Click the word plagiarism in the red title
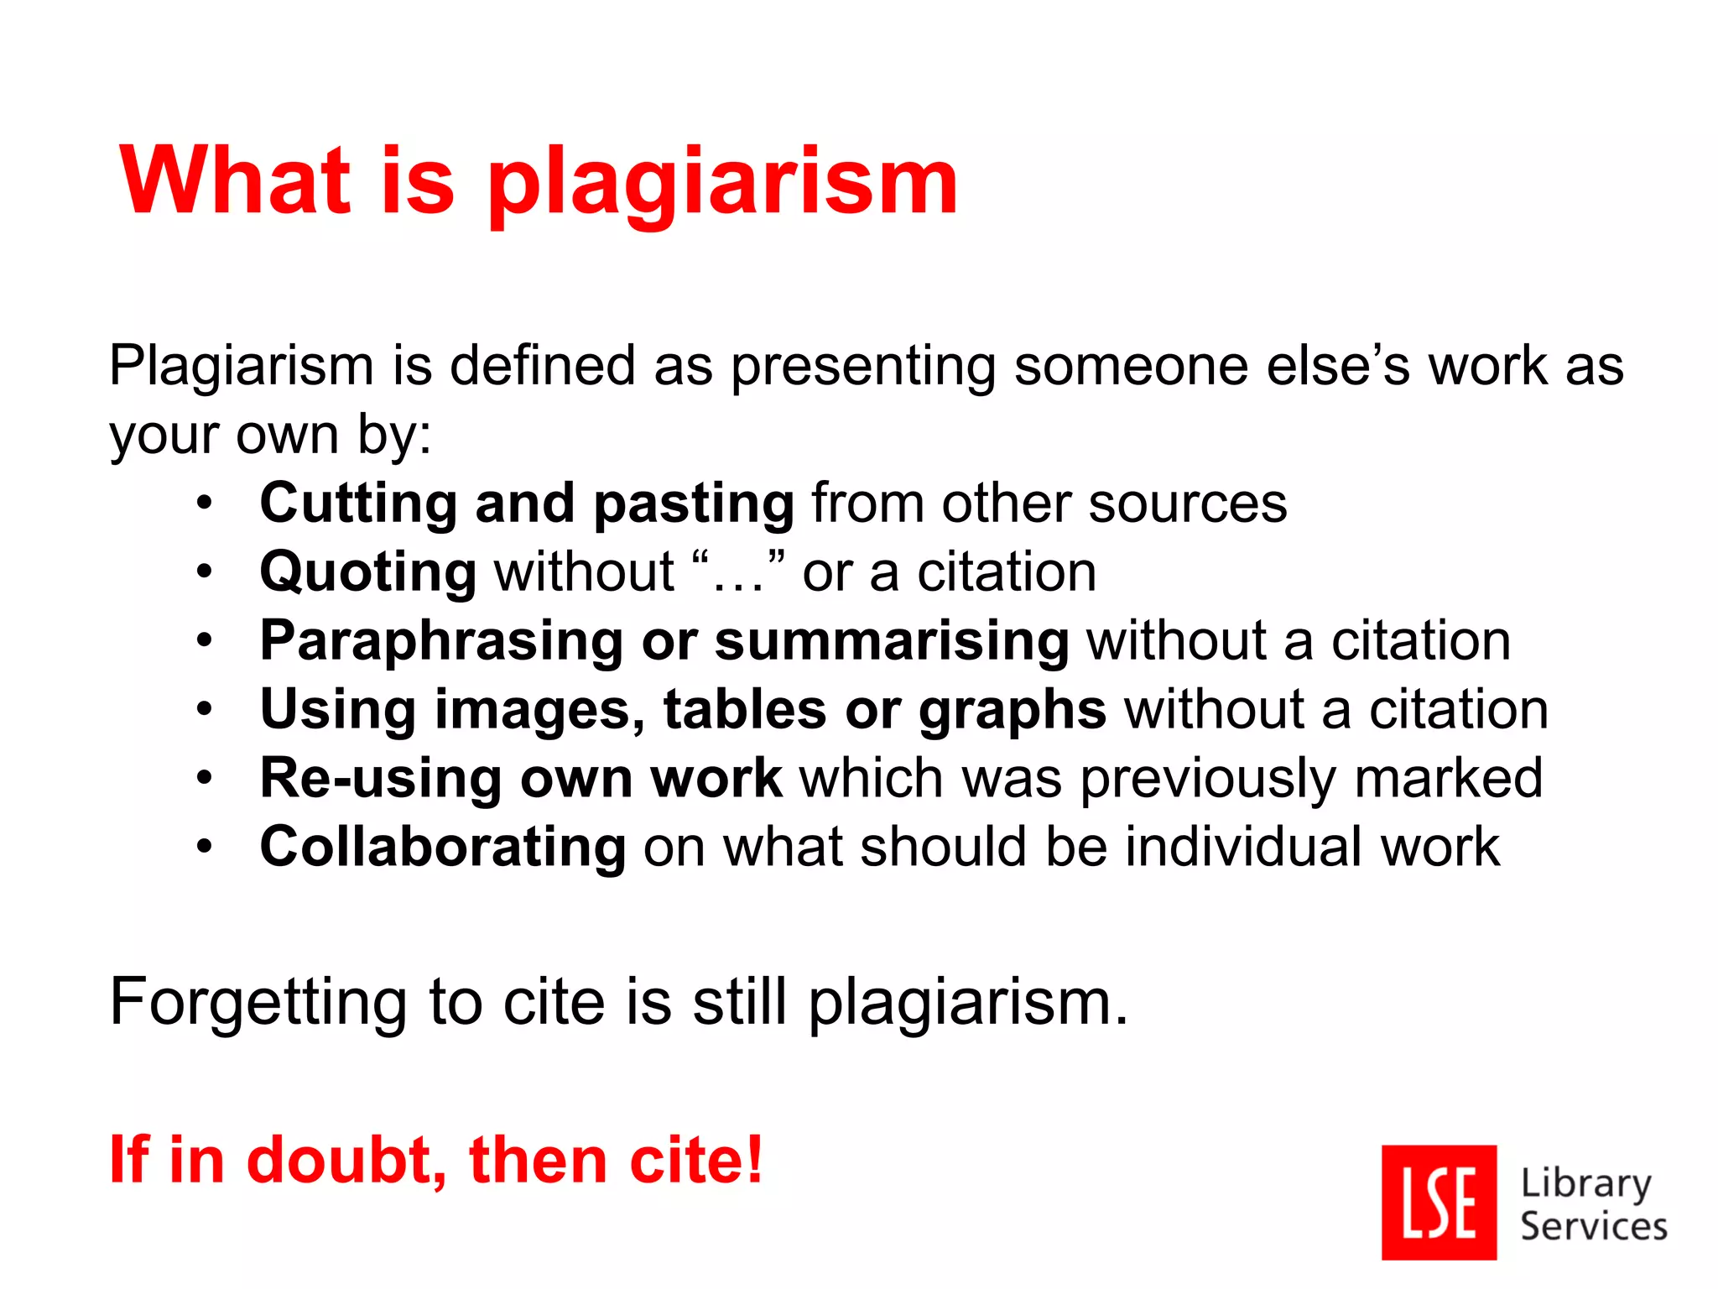723,183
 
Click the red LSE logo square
1439,1202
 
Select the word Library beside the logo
1585,1183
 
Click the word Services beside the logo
1593,1227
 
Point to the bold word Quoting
368,573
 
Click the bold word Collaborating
443,847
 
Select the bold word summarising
892,641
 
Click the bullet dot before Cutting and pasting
205,504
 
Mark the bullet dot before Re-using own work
205,779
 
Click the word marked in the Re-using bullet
1448,779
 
